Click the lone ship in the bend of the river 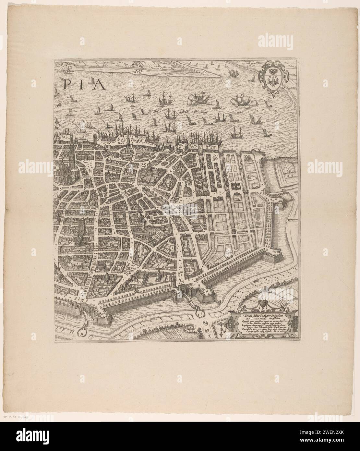click(233, 74)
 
